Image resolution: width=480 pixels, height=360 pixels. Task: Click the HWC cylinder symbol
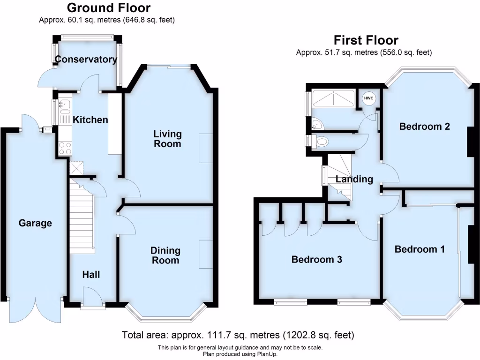[368, 98]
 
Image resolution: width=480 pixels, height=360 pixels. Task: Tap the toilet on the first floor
[320, 142]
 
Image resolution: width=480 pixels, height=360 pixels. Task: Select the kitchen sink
[65, 105]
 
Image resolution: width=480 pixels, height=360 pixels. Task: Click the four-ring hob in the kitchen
[65, 149]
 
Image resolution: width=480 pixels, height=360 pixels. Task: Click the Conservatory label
[86, 59]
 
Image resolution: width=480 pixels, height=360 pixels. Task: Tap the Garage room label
[35, 223]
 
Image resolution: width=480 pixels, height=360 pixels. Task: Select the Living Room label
[167, 139]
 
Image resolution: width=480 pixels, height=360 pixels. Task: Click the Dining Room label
[165, 255]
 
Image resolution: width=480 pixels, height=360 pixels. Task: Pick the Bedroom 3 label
[317, 260]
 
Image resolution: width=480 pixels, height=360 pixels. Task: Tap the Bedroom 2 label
[425, 127]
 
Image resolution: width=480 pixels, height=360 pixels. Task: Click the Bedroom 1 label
[420, 249]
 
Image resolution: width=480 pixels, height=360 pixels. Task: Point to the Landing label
[354, 179]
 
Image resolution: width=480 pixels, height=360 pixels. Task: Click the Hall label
[91, 275]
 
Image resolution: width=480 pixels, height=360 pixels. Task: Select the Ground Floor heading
[109, 7]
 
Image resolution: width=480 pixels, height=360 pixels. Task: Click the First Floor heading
[366, 40]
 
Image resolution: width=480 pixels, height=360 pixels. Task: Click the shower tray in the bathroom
[333, 98]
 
